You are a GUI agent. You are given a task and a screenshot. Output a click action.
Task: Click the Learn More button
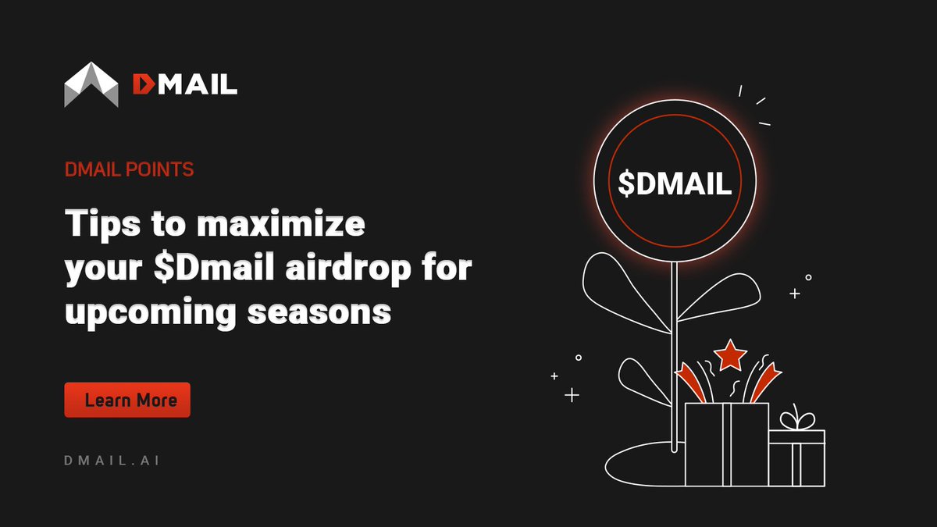[127, 400]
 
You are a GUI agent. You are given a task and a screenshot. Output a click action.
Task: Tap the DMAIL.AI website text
[112, 461]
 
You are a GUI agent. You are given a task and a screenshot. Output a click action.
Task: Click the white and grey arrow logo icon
[91, 85]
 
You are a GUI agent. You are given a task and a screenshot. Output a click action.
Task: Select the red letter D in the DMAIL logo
[143, 84]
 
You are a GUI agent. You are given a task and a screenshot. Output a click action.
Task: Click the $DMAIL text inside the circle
[675, 182]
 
